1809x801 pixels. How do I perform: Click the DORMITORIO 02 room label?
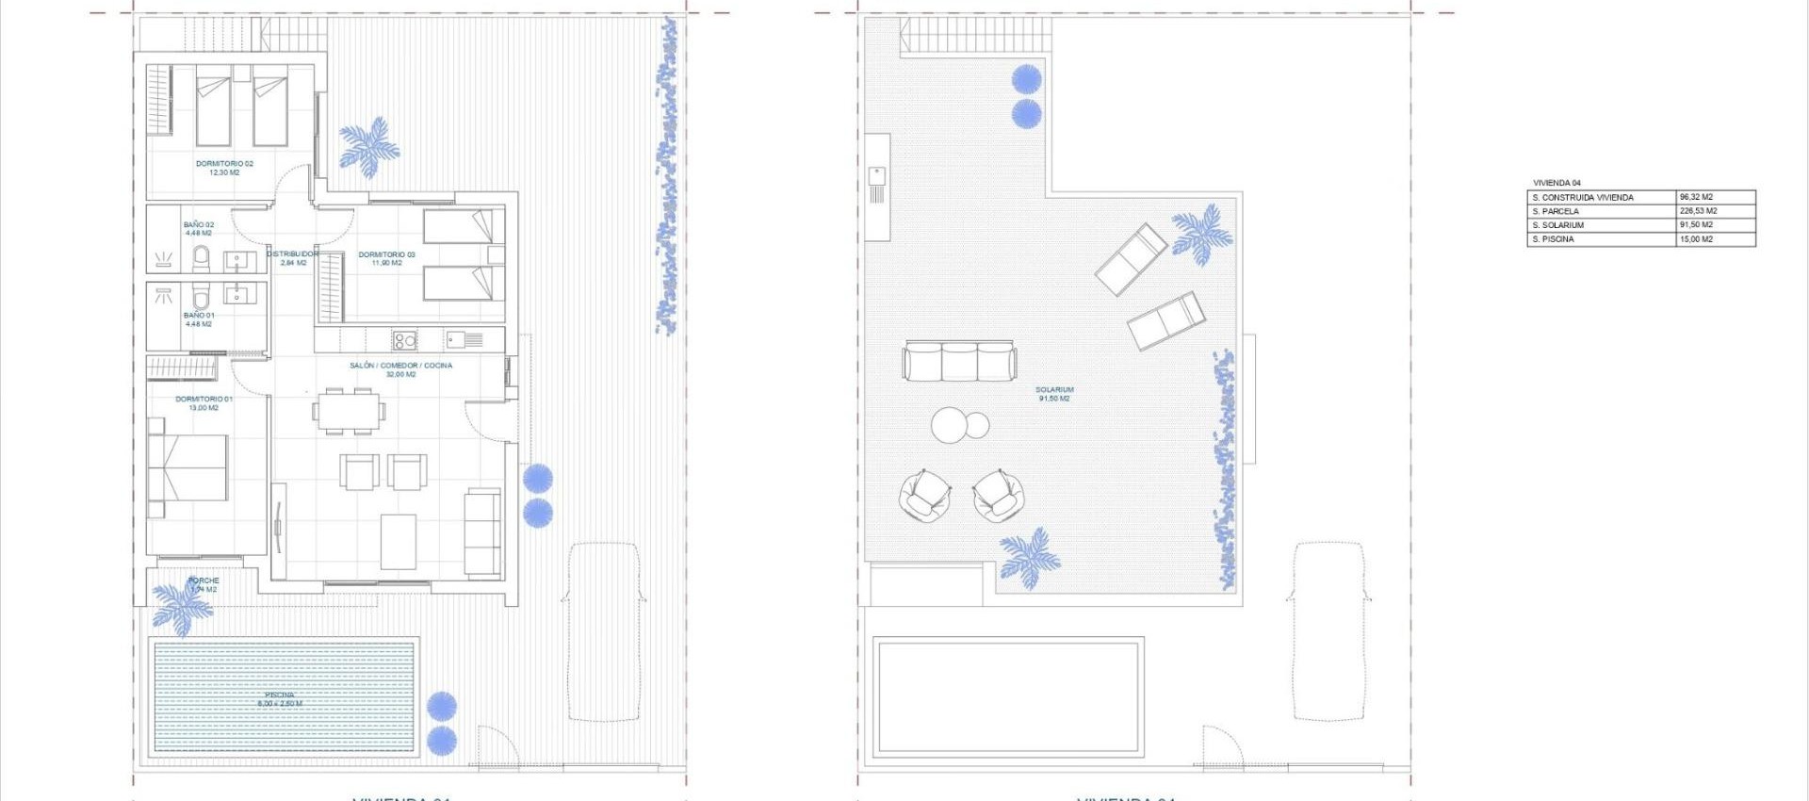pyautogui.click(x=224, y=164)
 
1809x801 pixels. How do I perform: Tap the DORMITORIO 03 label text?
pyautogui.click(x=386, y=254)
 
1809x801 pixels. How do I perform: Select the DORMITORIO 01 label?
pyautogui.click(x=204, y=400)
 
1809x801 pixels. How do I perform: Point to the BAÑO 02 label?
pyautogui.click(x=199, y=225)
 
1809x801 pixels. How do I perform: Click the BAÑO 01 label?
pyautogui.click(x=199, y=316)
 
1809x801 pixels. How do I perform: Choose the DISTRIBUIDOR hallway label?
pyautogui.click(x=293, y=254)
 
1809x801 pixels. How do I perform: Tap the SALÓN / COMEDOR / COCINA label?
pyautogui.click(x=400, y=366)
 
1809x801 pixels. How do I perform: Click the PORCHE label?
pyautogui.click(x=204, y=580)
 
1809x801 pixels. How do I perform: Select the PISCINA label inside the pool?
pyautogui.click(x=280, y=695)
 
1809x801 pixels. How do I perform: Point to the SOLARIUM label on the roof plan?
pyautogui.click(x=1054, y=389)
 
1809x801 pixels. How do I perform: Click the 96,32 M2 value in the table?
pyautogui.click(x=1696, y=198)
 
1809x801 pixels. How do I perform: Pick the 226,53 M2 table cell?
pyautogui.click(x=1698, y=211)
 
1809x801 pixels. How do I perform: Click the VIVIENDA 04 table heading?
pyautogui.click(x=1556, y=183)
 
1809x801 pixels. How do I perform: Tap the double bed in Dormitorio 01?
pyautogui.click(x=188, y=467)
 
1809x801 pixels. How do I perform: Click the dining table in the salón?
pyautogui.click(x=349, y=412)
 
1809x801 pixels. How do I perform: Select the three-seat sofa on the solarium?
pyautogui.click(x=959, y=361)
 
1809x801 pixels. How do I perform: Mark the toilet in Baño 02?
pyautogui.click(x=201, y=256)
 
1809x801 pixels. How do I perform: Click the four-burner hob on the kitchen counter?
pyautogui.click(x=404, y=340)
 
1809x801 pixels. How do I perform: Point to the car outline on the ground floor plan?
pyautogui.click(x=604, y=631)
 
